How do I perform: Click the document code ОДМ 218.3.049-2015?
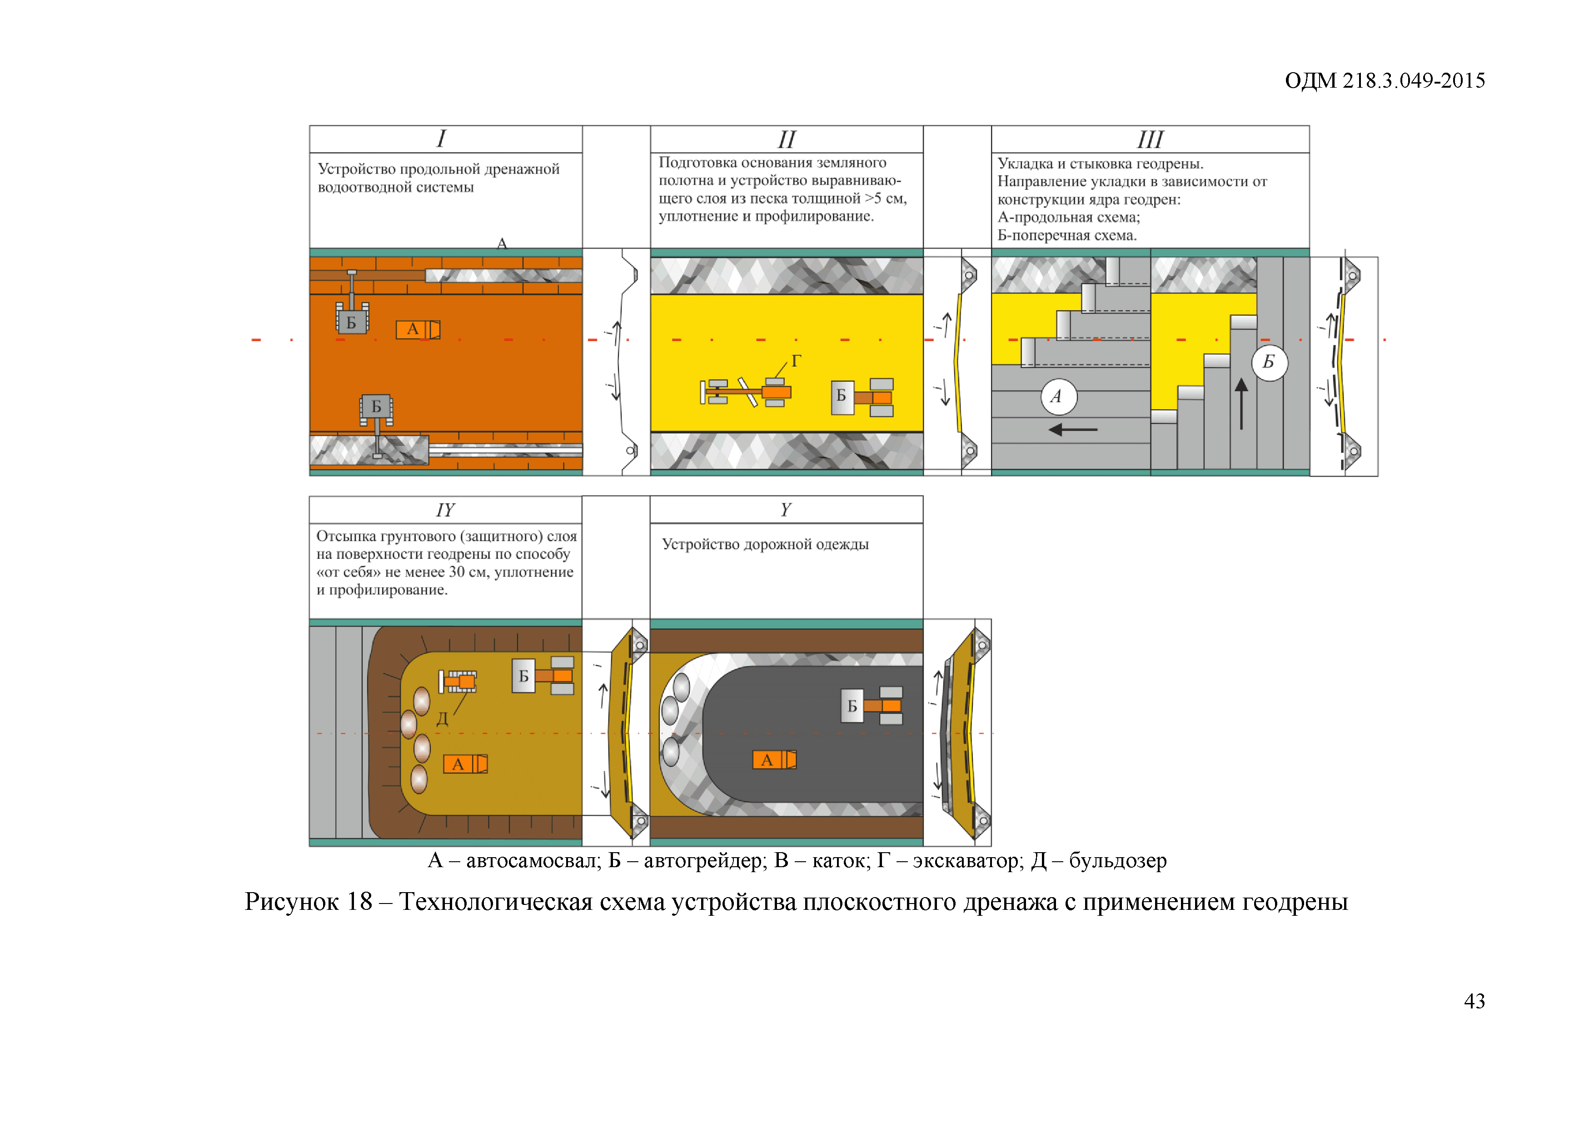(1385, 80)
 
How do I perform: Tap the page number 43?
(1474, 1001)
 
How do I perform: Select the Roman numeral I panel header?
(441, 139)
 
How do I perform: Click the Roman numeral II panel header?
(786, 139)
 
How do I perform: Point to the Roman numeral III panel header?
(1150, 139)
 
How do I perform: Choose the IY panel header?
(445, 510)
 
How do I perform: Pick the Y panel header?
(786, 510)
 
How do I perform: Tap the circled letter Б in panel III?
(1269, 362)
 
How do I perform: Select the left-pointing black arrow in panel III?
(1073, 430)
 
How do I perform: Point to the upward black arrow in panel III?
(1241, 403)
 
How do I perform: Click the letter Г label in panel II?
(796, 361)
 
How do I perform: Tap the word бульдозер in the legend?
(1118, 860)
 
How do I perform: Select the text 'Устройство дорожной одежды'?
(765, 544)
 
